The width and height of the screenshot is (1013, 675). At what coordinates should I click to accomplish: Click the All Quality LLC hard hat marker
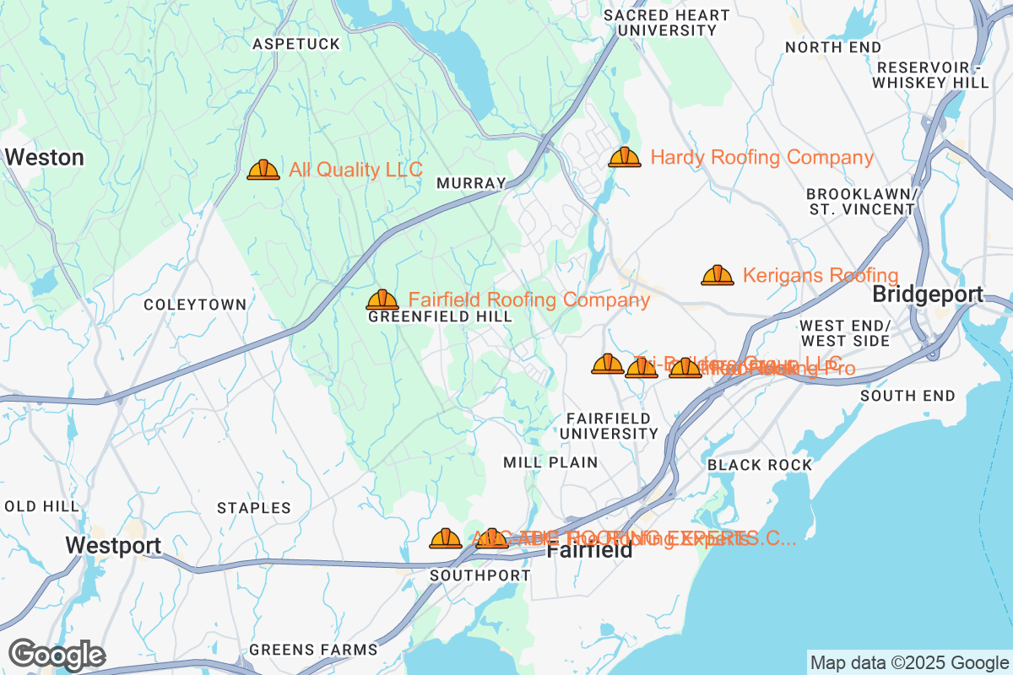[263, 170]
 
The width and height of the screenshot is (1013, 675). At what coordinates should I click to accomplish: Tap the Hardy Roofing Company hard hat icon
[625, 158]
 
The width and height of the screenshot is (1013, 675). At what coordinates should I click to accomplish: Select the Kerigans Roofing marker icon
[718, 276]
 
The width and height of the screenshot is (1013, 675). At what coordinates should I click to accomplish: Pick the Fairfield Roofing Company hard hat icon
[382, 300]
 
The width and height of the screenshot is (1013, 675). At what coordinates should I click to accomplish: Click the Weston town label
[45, 158]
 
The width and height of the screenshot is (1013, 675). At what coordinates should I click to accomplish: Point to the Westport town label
[113, 546]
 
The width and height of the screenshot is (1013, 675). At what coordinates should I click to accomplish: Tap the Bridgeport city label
[928, 295]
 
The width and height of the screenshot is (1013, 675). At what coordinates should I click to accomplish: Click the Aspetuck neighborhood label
[296, 44]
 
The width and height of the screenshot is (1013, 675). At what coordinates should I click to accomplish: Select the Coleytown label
[195, 305]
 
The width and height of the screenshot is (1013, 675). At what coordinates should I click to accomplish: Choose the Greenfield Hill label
[440, 317]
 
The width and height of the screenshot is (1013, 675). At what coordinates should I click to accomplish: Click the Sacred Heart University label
[667, 23]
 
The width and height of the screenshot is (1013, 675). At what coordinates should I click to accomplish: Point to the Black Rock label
[760, 465]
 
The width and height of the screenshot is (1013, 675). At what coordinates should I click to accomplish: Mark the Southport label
[480, 575]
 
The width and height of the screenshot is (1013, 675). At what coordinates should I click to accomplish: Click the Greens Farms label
[313, 650]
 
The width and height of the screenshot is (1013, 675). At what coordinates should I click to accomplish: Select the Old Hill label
[42, 506]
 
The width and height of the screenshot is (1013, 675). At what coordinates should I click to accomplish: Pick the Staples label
[254, 508]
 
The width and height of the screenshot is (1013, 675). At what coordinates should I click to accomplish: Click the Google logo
[57, 655]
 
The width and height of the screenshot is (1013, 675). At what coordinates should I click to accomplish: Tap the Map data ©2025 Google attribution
[909, 662]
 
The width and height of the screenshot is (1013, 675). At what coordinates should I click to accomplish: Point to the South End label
[908, 396]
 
